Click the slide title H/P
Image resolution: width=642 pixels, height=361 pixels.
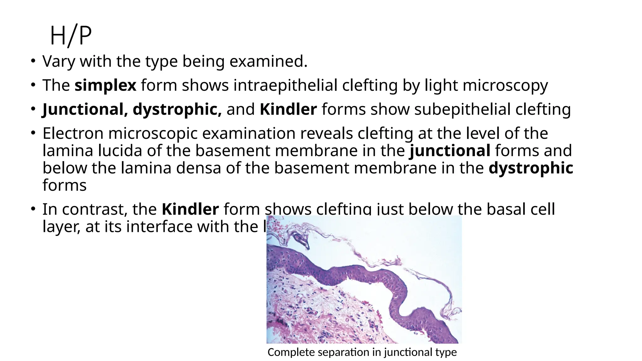point(71,36)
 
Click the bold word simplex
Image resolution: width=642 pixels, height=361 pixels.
point(105,85)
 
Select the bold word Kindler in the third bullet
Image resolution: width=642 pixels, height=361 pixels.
point(288,109)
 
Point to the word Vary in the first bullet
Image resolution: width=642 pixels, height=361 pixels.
point(59,61)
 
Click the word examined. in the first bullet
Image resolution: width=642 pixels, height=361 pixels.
point(268,61)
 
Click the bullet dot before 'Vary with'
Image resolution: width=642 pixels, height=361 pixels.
point(33,61)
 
